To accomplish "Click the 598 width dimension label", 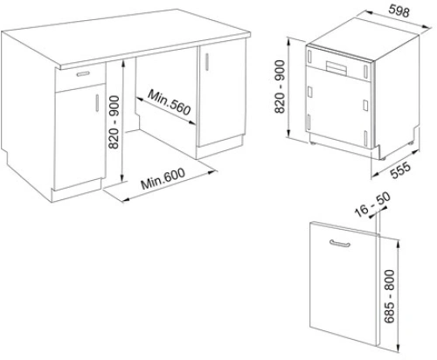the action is point(399,10).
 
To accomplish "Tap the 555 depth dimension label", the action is point(400,170).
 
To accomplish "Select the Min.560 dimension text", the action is point(170,102).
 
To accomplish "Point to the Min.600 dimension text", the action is point(163,178).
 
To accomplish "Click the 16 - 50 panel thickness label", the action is point(372,204).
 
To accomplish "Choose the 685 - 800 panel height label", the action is point(389,296).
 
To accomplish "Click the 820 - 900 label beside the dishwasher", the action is point(280,87).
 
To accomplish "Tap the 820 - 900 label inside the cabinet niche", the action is point(114,122).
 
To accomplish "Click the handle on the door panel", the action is point(340,244).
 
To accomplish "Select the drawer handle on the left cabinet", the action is point(84,74).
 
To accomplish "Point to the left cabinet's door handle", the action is point(97,102).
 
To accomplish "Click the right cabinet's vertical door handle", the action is point(207,61).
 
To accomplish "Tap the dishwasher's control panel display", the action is point(336,68).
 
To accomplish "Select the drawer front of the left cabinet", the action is point(80,77).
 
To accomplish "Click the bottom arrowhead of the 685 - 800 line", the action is point(399,349).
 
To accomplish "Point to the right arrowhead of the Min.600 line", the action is point(212,172).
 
